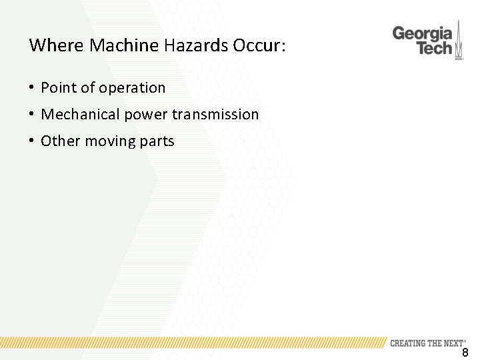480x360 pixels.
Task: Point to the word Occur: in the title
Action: (259, 46)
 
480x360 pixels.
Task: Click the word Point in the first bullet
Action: (57, 88)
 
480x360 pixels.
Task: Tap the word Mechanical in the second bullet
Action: (78, 115)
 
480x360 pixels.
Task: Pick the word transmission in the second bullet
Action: (215, 115)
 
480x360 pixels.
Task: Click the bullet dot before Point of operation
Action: (31, 88)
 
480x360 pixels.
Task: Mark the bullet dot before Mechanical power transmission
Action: (31, 115)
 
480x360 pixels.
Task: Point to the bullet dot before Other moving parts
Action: (31, 141)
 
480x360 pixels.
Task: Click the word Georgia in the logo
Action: (423, 33)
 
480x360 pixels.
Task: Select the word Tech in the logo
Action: (434, 49)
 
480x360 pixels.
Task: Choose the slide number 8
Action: (465, 353)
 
